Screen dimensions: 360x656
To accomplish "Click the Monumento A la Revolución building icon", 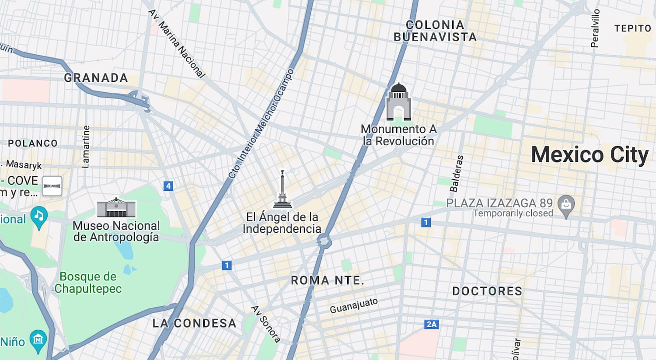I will [398, 102].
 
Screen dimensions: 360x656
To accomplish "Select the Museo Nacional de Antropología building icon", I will [116, 208].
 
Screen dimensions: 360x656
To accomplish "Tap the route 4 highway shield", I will [168, 186].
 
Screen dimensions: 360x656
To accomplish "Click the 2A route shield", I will [432, 324].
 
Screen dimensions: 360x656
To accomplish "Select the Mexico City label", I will [590, 155].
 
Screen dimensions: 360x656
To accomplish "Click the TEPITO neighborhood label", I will [632, 28].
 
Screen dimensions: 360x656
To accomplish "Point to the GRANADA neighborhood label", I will [96, 78].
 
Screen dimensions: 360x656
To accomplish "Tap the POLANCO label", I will [33, 143].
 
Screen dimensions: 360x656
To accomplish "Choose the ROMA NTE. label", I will [328, 280].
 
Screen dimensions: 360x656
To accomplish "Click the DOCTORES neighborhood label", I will [487, 291].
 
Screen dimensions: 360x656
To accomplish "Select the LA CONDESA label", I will [194, 323].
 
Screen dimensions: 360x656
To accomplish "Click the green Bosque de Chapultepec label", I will [88, 283].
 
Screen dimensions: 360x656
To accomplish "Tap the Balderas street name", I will [456, 174].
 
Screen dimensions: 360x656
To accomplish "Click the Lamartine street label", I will [86, 147].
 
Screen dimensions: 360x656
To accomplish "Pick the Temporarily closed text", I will [513, 213].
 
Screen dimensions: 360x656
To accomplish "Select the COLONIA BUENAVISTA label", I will [435, 31].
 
